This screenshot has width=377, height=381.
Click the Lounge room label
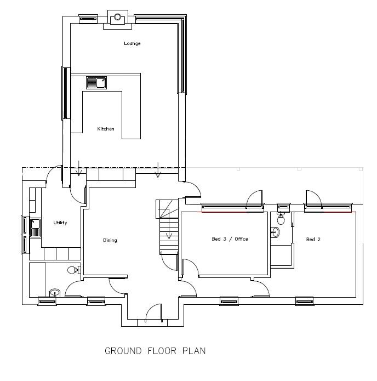point(132,43)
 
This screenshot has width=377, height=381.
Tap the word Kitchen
point(106,129)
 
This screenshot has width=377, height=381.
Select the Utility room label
point(60,223)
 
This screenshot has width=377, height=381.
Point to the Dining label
point(110,240)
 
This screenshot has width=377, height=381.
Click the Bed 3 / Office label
point(230,239)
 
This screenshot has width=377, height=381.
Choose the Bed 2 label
point(313,240)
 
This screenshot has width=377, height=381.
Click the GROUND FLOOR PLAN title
point(155,351)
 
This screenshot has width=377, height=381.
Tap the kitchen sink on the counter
point(96,83)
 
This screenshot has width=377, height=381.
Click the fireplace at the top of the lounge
point(117,18)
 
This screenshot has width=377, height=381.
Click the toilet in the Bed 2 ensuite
point(281,219)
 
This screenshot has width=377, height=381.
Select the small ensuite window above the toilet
point(283,207)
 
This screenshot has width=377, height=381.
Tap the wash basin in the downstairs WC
point(54,293)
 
